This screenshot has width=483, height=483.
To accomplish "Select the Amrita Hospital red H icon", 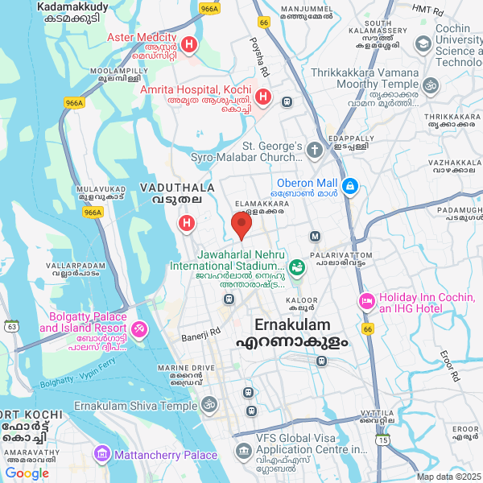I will pos(262,98).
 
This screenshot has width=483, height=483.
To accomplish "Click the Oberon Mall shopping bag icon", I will pos(350,187).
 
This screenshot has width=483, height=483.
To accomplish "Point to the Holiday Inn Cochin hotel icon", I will pos(366,301).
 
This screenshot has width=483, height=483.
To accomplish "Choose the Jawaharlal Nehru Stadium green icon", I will pos(296,266).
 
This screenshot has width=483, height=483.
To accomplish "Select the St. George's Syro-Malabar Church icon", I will pos(314,149).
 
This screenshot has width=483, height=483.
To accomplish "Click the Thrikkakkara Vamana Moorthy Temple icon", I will pos(431,85).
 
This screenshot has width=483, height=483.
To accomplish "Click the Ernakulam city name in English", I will pos(293,324).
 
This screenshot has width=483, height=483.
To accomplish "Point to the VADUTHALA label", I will pos(177,187).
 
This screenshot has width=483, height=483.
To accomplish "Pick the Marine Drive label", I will pos(186,368).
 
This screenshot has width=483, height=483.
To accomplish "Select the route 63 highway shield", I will pos(11,326).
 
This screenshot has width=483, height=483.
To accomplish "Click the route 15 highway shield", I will pos(383,440).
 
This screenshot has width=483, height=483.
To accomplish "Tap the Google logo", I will pos(27,473).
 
